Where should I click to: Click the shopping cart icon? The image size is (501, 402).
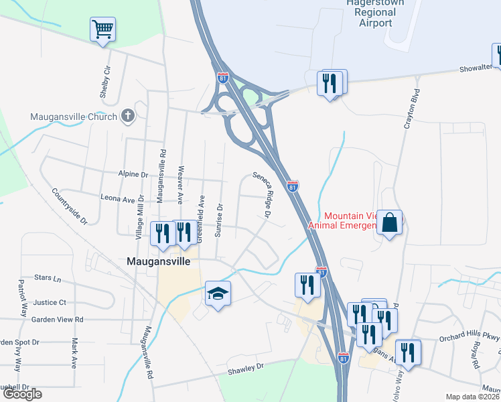click(103, 29)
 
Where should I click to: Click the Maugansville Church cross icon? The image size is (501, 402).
click(128, 116)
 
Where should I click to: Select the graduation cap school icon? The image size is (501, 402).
click(218, 293)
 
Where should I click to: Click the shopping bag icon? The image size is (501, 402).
click(389, 222)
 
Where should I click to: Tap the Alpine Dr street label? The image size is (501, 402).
click(133, 174)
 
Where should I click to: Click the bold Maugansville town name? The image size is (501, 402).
click(159, 261)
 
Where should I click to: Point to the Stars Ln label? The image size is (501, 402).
click(48, 277)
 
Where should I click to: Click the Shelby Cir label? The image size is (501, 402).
click(104, 82)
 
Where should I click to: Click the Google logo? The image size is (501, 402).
click(22, 394)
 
